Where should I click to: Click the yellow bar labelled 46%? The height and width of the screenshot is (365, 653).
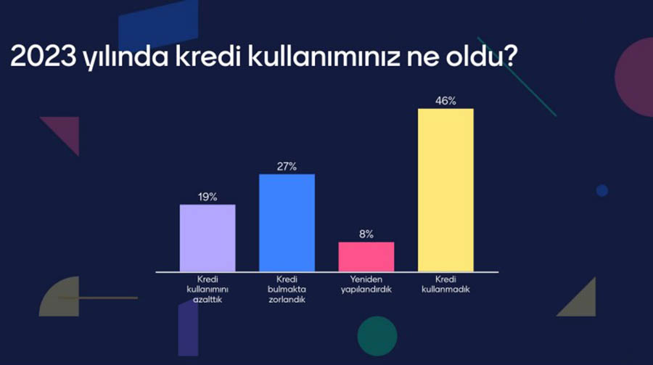tap(445, 190)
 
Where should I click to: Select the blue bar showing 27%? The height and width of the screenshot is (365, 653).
tap(287, 223)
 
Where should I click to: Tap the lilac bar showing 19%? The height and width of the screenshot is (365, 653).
tap(208, 238)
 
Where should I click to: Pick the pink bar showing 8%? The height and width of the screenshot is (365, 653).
tap(366, 257)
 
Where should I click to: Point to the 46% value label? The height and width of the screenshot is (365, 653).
tap(445, 101)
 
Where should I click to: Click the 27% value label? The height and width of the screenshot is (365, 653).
tap(287, 167)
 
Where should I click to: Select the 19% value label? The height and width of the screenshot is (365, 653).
tap(208, 197)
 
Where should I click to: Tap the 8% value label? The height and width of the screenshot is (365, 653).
tap(366, 234)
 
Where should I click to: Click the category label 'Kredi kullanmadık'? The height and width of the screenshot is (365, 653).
tap(445, 284)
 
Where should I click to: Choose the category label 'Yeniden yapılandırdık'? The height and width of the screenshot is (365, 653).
tap(366, 284)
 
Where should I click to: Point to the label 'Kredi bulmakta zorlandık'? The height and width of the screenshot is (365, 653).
tap(287, 289)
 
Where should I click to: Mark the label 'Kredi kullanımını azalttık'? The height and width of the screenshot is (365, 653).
tap(208, 289)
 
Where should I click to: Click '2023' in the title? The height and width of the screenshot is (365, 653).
tap(44, 56)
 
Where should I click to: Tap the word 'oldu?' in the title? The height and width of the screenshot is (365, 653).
tap(482, 56)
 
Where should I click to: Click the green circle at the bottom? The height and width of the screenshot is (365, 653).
tap(377, 336)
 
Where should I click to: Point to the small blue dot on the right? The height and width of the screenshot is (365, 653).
tap(601, 190)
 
